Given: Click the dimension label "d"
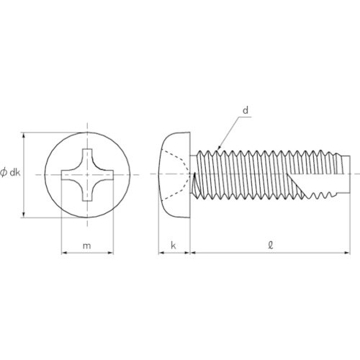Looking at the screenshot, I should [246, 110].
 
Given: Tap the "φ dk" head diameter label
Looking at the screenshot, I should [10, 173].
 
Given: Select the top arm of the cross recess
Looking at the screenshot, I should [87, 157].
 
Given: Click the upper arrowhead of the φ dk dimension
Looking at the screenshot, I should [25, 134].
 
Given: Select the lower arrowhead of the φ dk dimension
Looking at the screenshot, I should [25, 215].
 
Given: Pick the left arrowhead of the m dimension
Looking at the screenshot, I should [62, 253].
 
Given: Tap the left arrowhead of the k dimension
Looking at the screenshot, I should [160, 253].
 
